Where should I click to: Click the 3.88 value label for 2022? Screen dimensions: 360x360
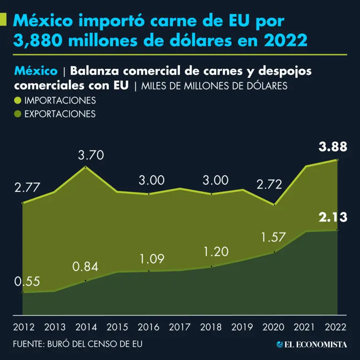pos(333,147)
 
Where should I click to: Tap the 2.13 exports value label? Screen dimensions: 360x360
pos(333,217)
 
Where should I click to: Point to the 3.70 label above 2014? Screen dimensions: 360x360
pos(90,155)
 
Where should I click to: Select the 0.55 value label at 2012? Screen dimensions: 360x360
pos(27,282)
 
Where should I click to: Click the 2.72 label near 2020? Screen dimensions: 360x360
pos(269,184)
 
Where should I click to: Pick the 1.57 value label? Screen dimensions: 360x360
pos(273,237)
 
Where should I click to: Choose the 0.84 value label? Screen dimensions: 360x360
pos(85,267)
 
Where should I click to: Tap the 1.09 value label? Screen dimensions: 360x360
pos(151,258)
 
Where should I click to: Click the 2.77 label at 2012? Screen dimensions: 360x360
pos(27,188)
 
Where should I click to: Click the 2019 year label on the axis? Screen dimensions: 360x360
pos(243,327)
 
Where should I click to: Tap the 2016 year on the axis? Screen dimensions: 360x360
pos(148,327)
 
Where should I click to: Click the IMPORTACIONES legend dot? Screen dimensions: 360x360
pos(17,100)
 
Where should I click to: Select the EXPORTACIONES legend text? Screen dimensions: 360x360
pos(60,114)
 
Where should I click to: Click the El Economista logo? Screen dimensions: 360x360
pos(312,345)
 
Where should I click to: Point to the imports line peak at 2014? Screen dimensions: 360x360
pos(85,167)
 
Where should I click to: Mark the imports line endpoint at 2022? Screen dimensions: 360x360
pos(337,160)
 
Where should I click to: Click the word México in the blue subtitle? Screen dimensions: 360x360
pos(36,71)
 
